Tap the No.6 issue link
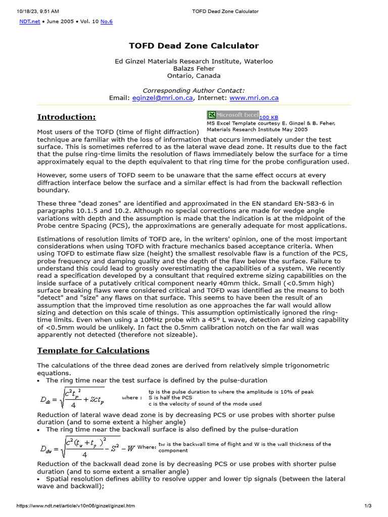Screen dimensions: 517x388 pos(107,23)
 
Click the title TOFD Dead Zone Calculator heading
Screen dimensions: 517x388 pos(194,46)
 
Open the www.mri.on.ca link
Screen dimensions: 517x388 pos(247,98)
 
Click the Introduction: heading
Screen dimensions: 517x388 pos(67,117)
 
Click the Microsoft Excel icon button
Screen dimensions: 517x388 pos(232,115)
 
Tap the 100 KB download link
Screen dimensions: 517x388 pos(269,117)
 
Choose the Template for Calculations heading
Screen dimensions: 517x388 pos(93,350)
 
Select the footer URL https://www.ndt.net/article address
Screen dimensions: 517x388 pos(76,505)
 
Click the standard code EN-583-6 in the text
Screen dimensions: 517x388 pos(302,203)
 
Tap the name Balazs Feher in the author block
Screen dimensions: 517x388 pos(194,69)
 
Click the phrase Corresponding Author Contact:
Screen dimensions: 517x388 pos(194,90)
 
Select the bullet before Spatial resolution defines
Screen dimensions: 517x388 pos(39,479)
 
